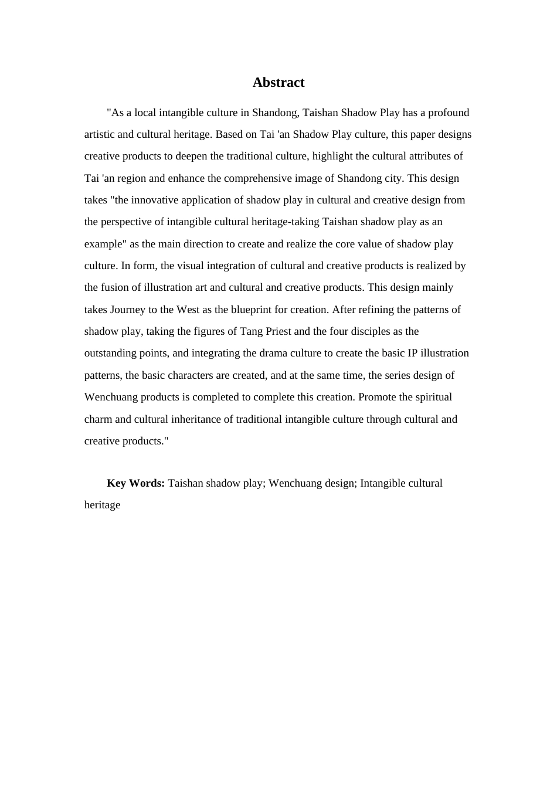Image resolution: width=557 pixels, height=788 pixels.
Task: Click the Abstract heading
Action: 278,83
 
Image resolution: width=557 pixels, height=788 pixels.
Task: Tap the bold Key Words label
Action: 135,483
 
